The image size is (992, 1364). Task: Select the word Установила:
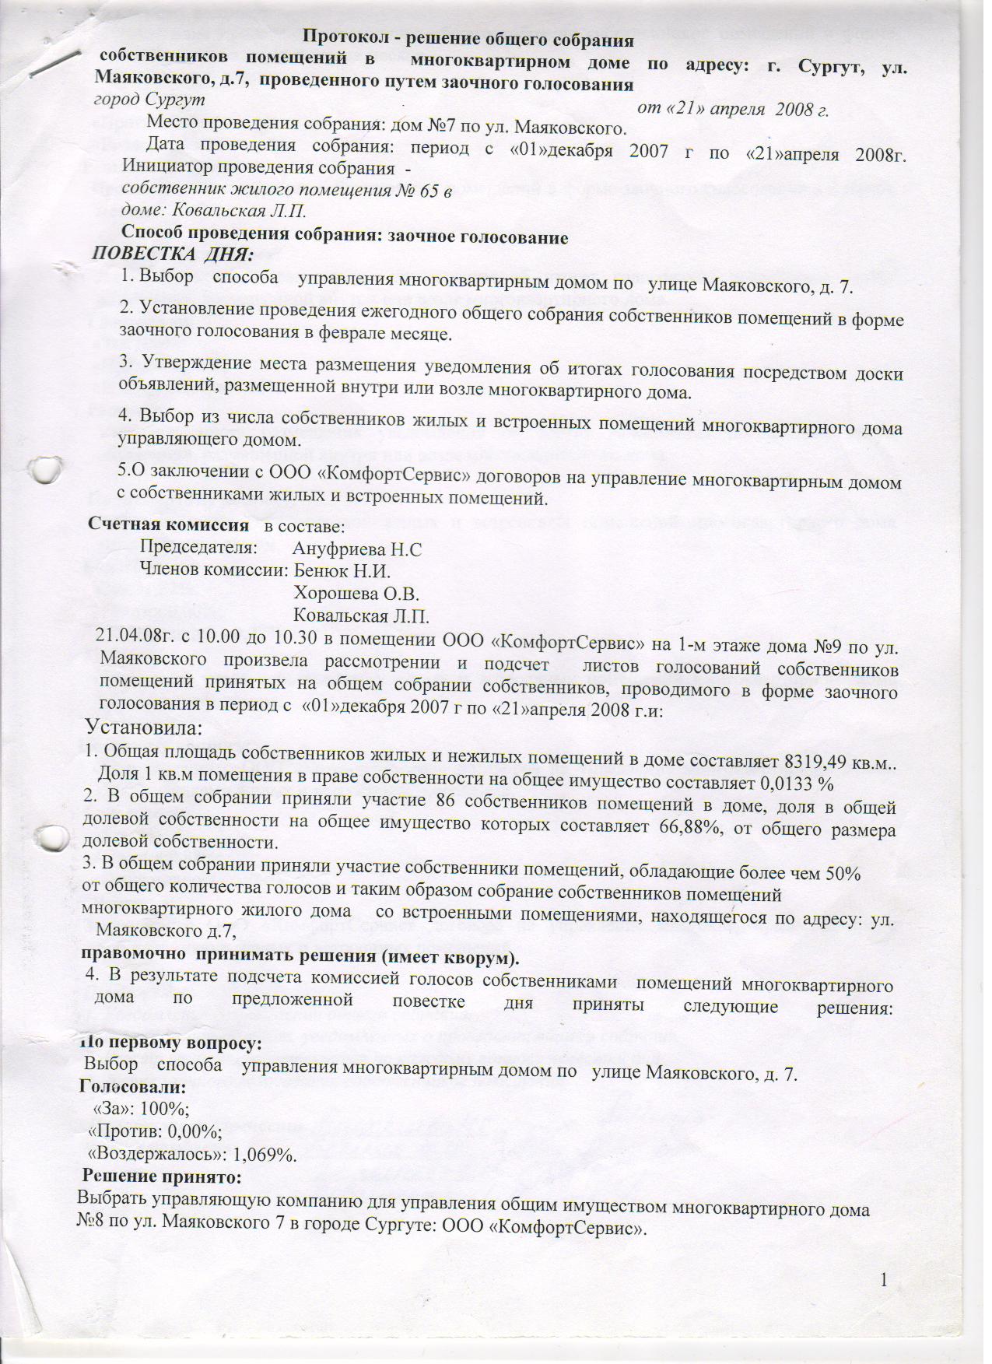tap(145, 729)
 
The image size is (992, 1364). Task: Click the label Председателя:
tap(198, 548)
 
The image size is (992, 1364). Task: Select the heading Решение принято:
tap(163, 1176)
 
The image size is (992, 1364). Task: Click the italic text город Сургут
tap(149, 100)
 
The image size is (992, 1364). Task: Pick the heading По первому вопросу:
tap(171, 1043)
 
